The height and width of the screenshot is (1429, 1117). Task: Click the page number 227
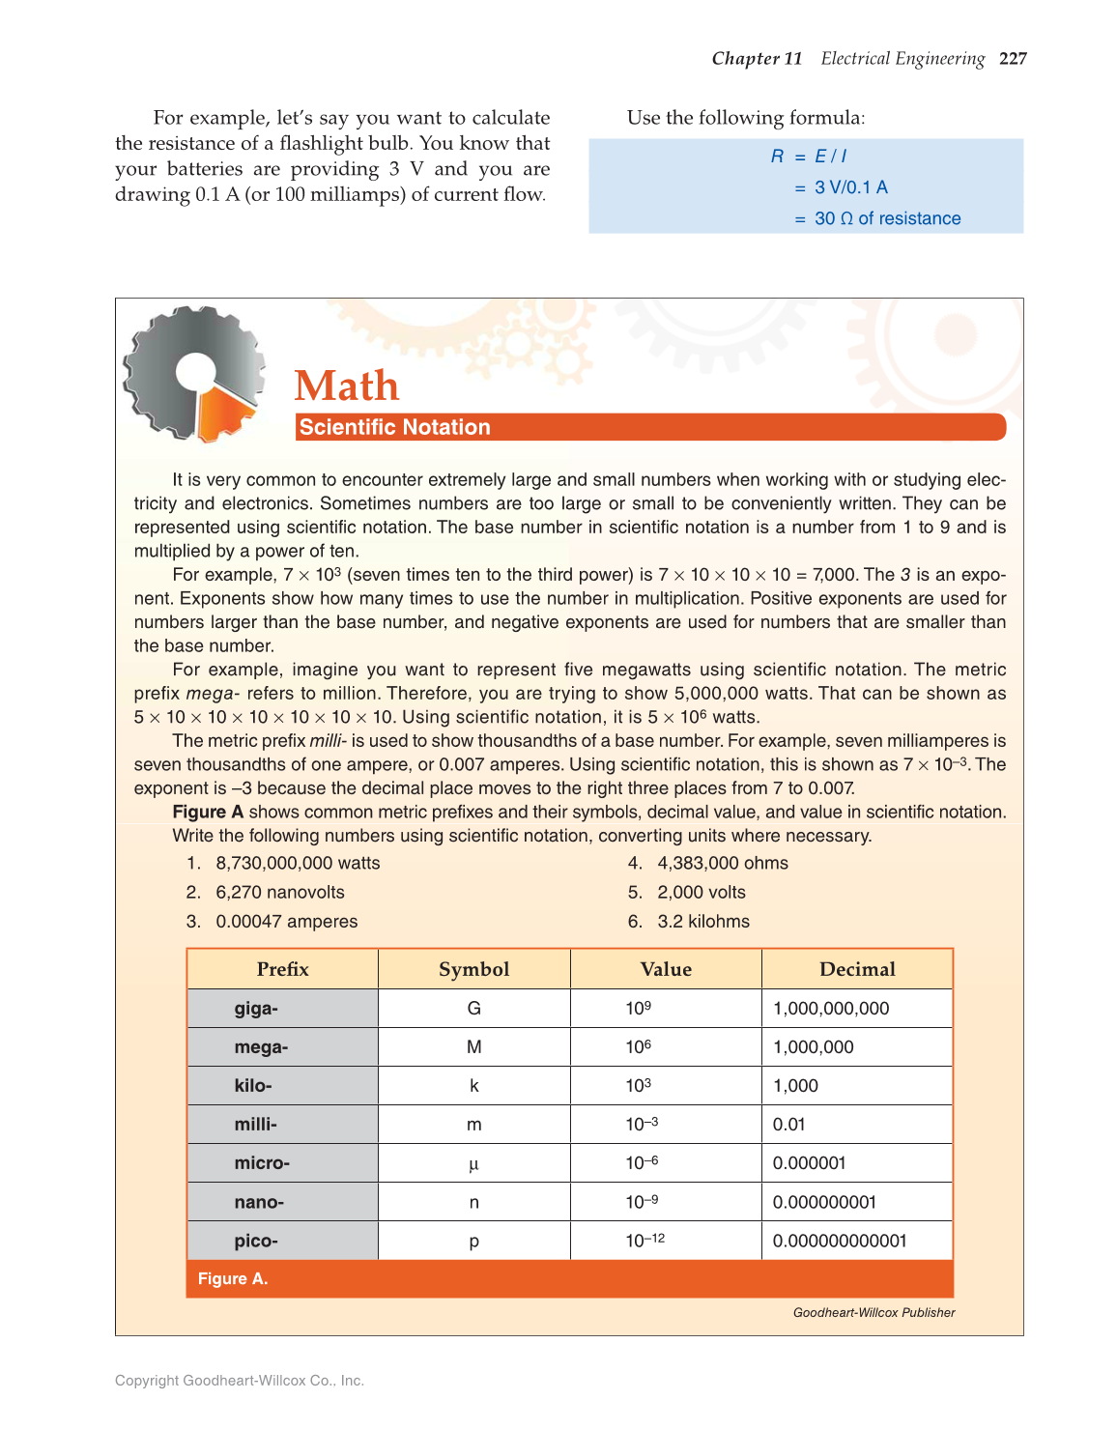coord(1013,59)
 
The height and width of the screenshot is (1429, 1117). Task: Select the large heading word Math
coord(347,386)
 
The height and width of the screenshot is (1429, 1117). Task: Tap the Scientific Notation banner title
coord(394,427)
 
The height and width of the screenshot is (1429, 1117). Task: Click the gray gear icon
coord(193,373)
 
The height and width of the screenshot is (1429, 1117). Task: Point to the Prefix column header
coord(282,969)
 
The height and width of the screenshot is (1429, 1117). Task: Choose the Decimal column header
coord(857,969)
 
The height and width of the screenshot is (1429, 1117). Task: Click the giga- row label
coord(256,1009)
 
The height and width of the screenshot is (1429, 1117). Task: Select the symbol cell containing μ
coord(473,1163)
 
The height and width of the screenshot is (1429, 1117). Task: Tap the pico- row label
coord(256,1241)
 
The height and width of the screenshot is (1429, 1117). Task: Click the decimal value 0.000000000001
coord(840,1241)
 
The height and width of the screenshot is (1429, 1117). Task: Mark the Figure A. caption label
coord(233,1278)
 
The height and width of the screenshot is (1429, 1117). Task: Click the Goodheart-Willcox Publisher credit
coord(874,1312)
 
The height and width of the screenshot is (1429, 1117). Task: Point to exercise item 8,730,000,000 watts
coord(298,863)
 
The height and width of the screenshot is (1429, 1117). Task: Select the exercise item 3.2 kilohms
coord(703,921)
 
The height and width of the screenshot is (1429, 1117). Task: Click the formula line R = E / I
coord(809,157)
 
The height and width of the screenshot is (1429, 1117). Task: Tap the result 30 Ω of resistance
coord(887,218)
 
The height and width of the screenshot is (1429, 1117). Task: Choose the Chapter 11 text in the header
coord(757,59)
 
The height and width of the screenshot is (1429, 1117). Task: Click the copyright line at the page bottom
coord(240,1381)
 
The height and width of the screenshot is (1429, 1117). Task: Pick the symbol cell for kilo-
coord(473,1086)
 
